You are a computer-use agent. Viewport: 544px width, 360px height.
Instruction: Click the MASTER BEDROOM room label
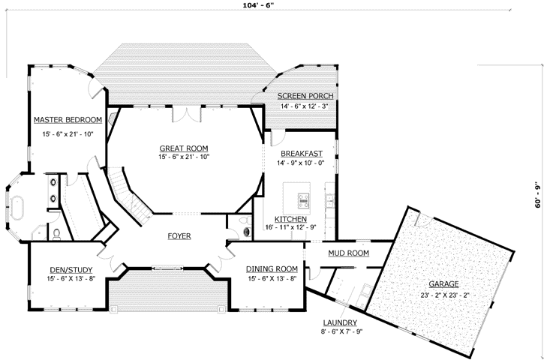68,120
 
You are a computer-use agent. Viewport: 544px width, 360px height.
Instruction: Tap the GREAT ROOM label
183,148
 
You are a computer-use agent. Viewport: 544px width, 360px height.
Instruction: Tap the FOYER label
179,236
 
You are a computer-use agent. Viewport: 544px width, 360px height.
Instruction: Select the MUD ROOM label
348,253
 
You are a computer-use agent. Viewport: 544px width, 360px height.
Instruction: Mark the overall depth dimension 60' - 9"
537,194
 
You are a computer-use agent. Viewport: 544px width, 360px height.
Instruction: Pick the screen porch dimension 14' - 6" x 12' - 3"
305,106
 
